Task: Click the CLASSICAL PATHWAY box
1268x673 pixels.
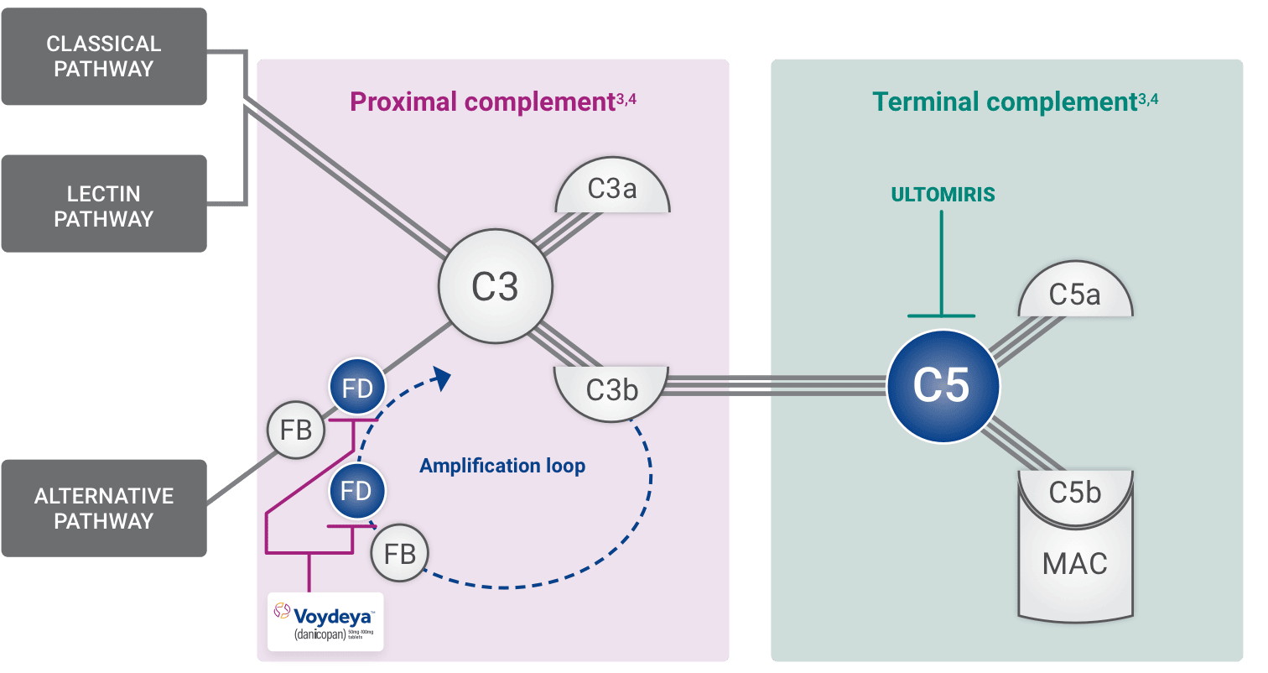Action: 104,56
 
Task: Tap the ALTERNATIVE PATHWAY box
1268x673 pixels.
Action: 104,508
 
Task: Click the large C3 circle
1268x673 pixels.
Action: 495,288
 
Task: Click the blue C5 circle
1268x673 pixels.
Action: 943,385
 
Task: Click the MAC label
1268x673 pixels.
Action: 1075,563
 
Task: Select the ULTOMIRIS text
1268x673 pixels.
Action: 943,195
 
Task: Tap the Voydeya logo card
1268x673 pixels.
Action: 325,621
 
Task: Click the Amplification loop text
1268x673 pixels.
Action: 502,466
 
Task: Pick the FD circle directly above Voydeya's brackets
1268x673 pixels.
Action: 356,490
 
